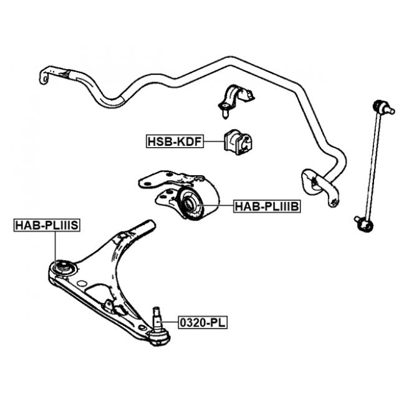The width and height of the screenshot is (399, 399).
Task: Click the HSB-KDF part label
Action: pos(174,142)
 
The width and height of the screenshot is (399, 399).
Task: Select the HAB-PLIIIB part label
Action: pos(266,206)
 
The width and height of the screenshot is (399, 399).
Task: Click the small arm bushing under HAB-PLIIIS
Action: pos(64,267)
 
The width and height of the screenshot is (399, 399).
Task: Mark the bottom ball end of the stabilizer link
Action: pos(363,223)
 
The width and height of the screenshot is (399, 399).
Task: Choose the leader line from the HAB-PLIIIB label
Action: pos(218,206)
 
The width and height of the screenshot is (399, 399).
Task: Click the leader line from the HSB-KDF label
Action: pos(213,142)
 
